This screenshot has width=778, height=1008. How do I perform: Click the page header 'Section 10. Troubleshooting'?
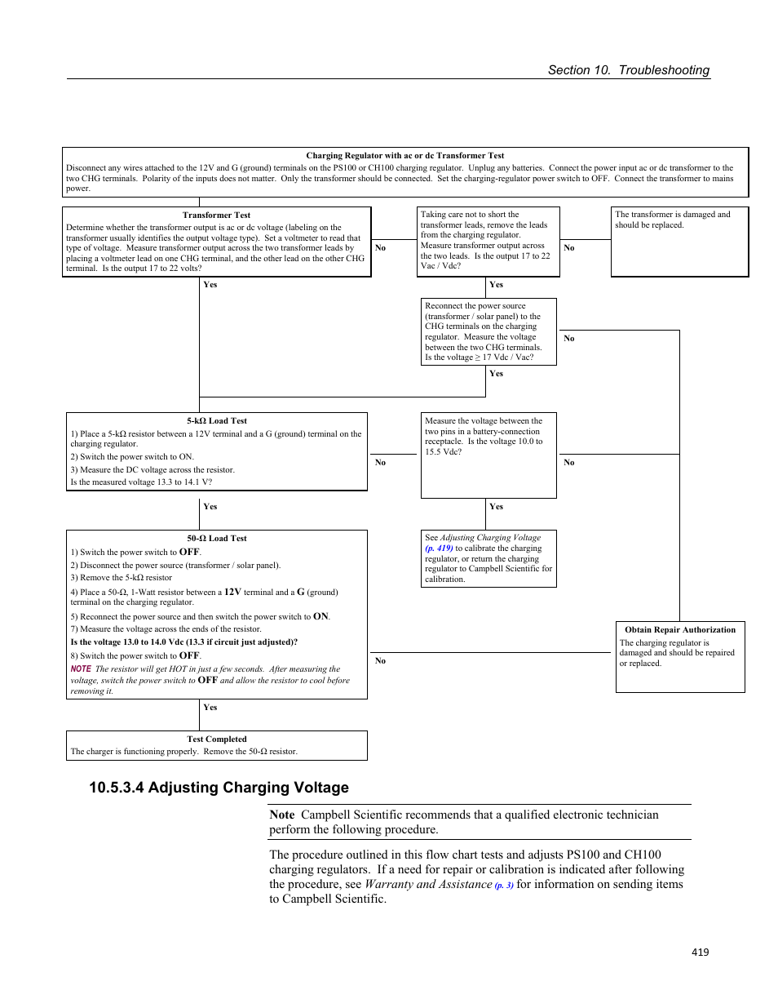[x=628, y=70]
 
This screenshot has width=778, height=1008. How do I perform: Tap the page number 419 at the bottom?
[x=700, y=952]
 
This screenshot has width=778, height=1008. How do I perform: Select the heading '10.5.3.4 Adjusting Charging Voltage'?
[x=219, y=788]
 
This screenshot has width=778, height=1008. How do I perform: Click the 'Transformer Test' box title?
[x=216, y=215]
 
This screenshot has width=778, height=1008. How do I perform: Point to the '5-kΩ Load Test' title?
[x=216, y=421]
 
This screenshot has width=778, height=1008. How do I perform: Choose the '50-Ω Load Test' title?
[x=216, y=539]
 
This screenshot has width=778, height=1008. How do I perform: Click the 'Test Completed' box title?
[x=216, y=739]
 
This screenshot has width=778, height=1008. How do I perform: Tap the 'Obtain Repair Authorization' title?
[x=679, y=630]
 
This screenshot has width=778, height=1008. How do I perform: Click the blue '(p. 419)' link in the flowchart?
[x=439, y=548]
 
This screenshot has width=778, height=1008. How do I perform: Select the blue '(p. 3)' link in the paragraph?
[x=504, y=886]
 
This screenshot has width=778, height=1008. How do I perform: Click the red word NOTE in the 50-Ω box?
[x=81, y=669]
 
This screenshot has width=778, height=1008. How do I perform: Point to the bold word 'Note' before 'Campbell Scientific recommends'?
[x=282, y=815]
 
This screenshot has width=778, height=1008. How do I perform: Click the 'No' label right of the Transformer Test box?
[x=380, y=248]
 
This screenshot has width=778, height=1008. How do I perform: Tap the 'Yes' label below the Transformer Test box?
[x=210, y=285]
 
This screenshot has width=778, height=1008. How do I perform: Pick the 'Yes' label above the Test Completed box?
[x=210, y=708]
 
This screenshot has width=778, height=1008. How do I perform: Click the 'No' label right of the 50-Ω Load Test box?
[x=380, y=661]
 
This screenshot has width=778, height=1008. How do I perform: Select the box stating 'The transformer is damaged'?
[x=679, y=241]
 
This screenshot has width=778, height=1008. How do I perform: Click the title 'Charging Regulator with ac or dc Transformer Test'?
[x=404, y=156]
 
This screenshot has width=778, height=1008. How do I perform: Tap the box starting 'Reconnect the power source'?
[x=488, y=331]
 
